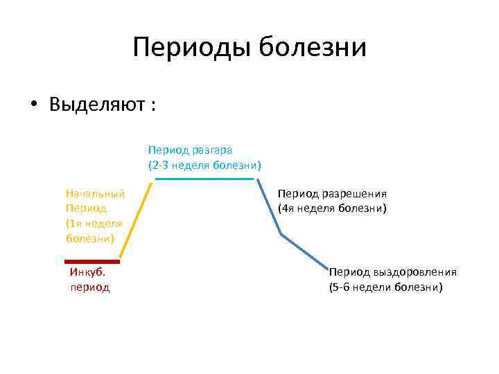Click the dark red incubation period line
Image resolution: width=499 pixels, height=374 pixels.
[94, 262]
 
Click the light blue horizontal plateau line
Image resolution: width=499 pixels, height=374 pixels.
[205, 179]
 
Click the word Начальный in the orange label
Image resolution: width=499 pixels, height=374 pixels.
[95, 194]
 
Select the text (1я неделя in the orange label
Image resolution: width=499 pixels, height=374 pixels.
[94, 223]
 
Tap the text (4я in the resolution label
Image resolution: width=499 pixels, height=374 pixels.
[287, 208]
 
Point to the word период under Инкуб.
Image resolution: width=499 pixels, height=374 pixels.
[90, 287]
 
